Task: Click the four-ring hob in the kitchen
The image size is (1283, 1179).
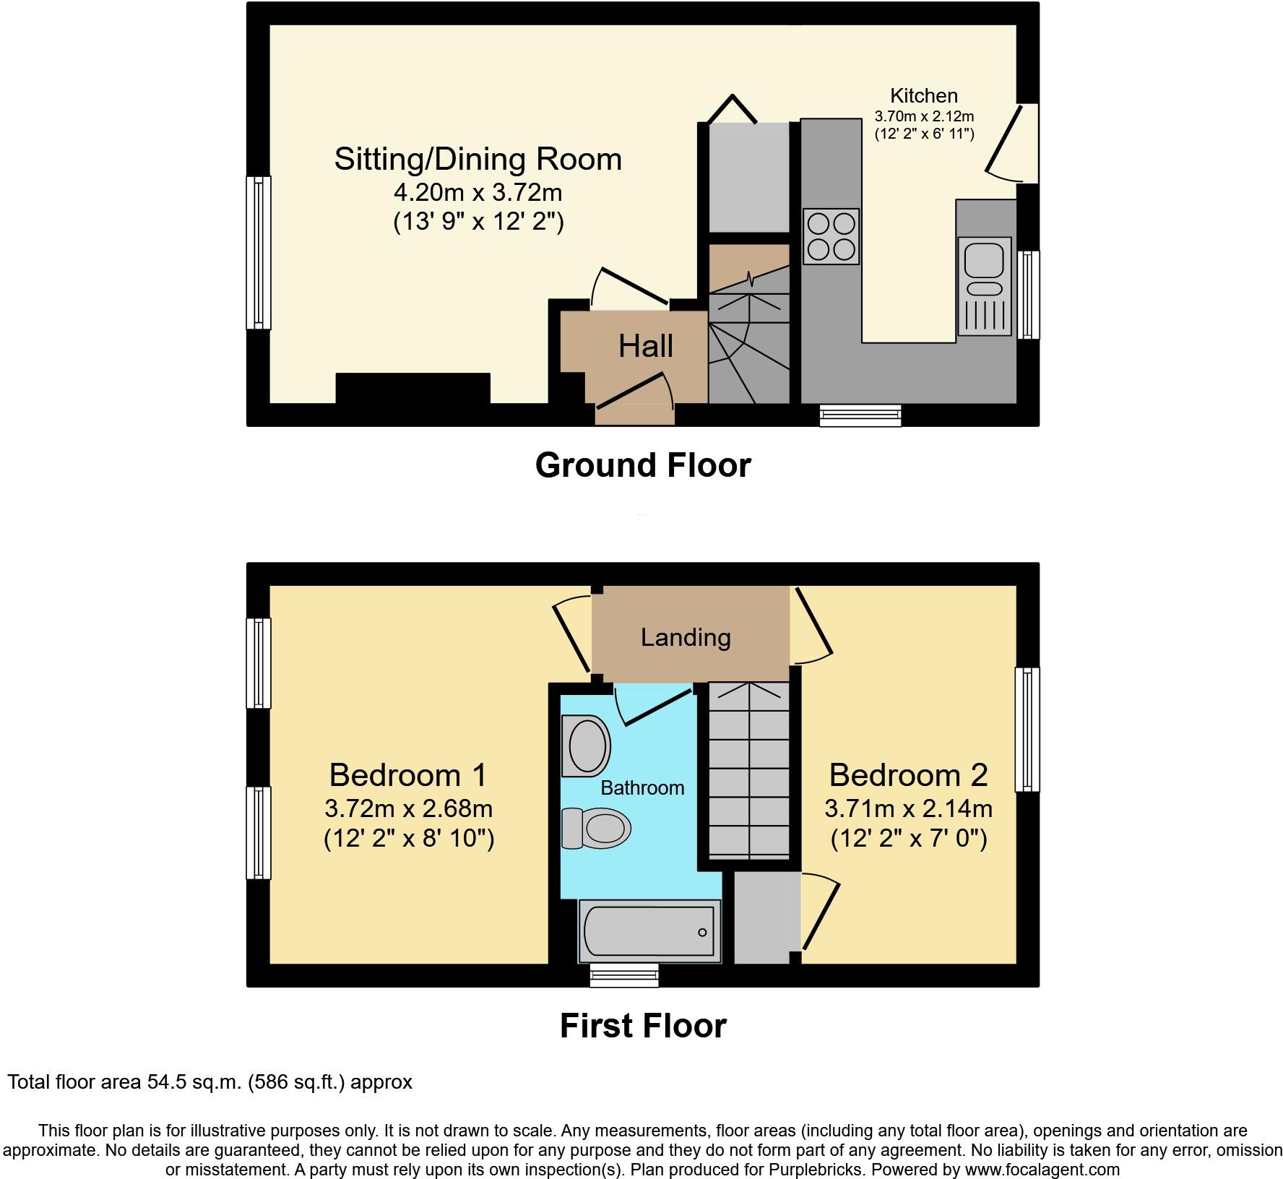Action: coord(831,236)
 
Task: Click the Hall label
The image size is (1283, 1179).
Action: coord(646,347)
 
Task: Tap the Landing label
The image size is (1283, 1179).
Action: coord(686,637)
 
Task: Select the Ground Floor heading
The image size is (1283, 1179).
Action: coord(642,465)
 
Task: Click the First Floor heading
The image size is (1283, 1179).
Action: coord(642,1026)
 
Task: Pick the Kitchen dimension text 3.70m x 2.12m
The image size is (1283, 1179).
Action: coord(924,116)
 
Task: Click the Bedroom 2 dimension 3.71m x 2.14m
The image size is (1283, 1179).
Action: coord(908,808)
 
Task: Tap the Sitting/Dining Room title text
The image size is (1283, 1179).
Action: coord(478,159)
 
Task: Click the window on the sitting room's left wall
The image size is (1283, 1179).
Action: coord(259,252)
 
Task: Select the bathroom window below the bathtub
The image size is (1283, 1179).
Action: coord(624,975)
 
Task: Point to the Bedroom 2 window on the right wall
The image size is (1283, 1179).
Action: coord(1027,729)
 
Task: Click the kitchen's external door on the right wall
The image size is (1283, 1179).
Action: coord(1029,143)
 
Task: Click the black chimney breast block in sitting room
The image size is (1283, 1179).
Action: coord(412,389)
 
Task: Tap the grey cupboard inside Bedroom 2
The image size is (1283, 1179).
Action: coord(763,917)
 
